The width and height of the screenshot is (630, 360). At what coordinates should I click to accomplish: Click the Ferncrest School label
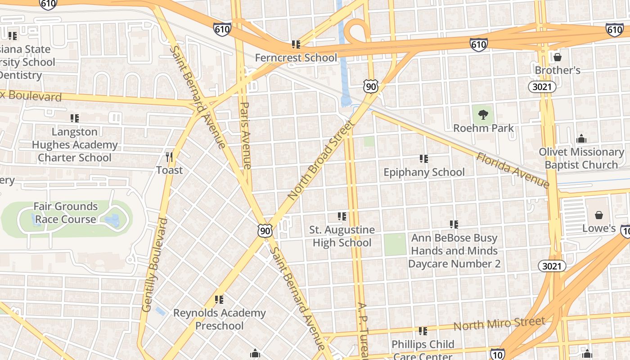pos(296,58)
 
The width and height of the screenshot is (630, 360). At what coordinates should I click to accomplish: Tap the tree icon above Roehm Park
pos(483,114)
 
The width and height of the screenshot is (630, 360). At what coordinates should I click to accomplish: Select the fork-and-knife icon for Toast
pos(169,157)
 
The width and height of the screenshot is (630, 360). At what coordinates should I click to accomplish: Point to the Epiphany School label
pos(424,172)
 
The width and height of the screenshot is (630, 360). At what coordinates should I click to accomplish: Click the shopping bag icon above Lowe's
pos(598,215)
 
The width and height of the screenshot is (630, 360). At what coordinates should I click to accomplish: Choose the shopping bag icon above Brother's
pos(558,57)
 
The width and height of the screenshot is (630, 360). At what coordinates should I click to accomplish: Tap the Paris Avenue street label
pos(245,135)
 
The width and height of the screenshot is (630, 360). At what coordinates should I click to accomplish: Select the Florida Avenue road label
pos(513,170)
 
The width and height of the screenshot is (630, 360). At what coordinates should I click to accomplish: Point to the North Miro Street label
pos(499,323)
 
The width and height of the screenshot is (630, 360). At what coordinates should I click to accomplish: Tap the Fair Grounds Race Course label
pos(66,213)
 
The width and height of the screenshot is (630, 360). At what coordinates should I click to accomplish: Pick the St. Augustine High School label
pos(342,236)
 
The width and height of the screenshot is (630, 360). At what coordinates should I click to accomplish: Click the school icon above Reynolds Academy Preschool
pos(219,299)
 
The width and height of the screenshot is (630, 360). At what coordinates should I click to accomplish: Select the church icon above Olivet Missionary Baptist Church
pos(581,139)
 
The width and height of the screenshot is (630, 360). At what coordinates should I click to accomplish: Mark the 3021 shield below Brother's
pos(542,87)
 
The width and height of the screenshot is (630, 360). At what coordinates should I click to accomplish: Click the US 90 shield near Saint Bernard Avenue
pos(265,231)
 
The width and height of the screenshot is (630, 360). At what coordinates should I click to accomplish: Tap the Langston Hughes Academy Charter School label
pos(75,144)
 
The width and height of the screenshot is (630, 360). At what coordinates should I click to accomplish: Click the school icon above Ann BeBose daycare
pos(454,224)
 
